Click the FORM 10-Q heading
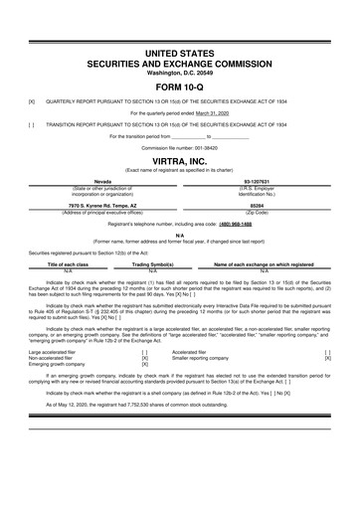coord(179,87)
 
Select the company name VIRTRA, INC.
coord(179,161)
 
